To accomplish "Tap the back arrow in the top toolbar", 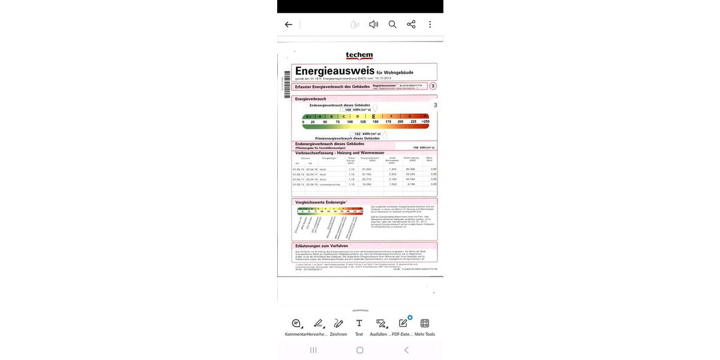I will click(x=289, y=25).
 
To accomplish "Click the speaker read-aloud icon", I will click(x=373, y=25).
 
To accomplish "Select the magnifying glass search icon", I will click(x=392, y=25).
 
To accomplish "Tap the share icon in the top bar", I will click(x=411, y=25).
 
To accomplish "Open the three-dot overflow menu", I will click(x=430, y=25).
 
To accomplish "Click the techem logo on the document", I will click(x=359, y=56).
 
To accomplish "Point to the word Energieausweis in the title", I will click(x=335, y=71).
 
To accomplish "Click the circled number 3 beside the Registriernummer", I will click(x=433, y=86).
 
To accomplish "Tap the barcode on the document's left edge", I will click(x=287, y=85).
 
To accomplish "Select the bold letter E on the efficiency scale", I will click(x=374, y=116).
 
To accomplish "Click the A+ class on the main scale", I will click(x=308, y=116).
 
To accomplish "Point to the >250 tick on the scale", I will click(x=425, y=122).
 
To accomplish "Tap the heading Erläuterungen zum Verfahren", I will click(x=322, y=245).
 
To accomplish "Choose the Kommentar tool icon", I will click(x=296, y=323).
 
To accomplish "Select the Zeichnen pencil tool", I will click(x=338, y=323).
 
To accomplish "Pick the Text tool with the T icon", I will click(x=359, y=323).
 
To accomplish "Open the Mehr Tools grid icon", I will click(x=425, y=323).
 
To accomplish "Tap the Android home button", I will click(x=360, y=350).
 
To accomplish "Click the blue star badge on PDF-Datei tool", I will click(x=410, y=317).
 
